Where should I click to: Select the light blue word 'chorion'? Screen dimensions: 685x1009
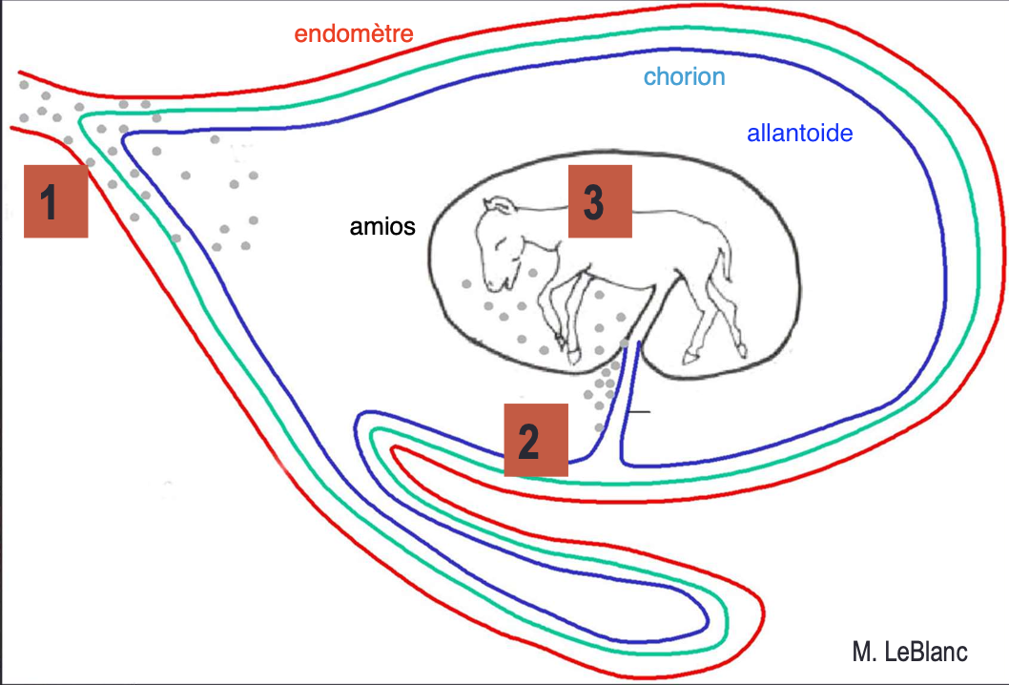[x=684, y=77]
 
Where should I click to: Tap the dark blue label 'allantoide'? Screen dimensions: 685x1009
[x=799, y=134]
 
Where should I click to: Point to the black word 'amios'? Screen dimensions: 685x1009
[x=381, y=228]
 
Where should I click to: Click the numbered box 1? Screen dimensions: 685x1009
[x=55, y=200]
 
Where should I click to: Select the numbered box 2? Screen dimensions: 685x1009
[x=536, y=439]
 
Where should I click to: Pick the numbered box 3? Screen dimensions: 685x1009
[x=600, y=200]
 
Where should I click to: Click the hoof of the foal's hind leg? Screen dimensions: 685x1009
[x=690, y=358]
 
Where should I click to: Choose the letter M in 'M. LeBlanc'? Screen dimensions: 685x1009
[x=861, y=653]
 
